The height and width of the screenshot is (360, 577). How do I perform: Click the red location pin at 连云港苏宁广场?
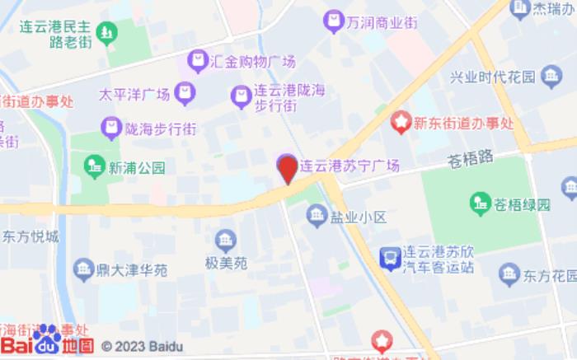coord(286,169)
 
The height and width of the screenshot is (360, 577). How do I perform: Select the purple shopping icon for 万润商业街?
coord(334,19)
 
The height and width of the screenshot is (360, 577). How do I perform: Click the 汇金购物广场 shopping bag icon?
coord(197,59)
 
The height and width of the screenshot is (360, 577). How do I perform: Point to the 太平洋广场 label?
coord(134,93)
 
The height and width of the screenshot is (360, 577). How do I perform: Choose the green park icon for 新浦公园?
coord(94,166)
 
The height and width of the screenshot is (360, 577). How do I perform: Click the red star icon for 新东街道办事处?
coord(401,124)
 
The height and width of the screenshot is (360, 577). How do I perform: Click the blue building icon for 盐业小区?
coord(317,216)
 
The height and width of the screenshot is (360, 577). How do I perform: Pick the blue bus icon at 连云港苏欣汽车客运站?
coord(387,259)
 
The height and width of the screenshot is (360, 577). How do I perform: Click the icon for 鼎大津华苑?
coord(82,269)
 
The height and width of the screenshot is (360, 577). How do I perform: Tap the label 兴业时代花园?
coord(492,78)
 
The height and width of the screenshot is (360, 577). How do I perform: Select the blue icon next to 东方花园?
coord(509,274)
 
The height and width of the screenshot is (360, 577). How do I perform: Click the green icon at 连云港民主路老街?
coord(106,33)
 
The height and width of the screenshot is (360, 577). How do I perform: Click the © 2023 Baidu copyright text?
coord(142,347)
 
